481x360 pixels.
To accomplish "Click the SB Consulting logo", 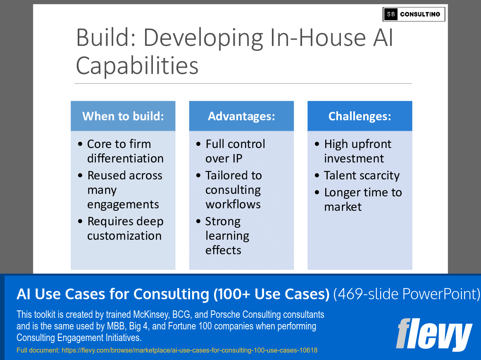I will point(414,14).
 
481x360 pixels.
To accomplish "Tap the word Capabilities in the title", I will point(137,65).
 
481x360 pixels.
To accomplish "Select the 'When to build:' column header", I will point(123,116).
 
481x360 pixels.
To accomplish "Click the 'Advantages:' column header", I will point(241,116).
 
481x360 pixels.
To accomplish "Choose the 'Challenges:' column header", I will point(360,116).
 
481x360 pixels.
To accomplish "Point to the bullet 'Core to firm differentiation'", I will point(125,151).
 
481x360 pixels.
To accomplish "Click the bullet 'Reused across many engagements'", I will point(124,190).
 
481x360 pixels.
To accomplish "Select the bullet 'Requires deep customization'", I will point(125,229).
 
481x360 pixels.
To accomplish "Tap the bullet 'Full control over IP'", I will point(235,151).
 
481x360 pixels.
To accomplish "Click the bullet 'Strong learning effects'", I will point(227,236).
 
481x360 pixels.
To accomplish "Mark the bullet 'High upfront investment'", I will point(357,151).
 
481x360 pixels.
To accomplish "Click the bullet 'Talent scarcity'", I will point(362,176).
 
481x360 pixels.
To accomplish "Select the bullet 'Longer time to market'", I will point(362,200).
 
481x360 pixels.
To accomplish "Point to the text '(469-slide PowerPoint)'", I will point(407,294).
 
